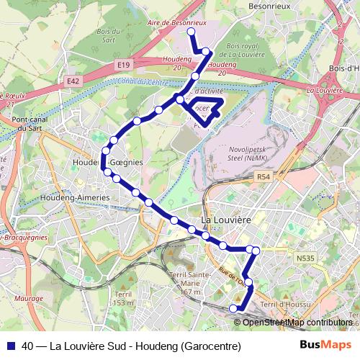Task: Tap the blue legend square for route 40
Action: click(10, 346)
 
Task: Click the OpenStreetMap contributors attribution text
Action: click(297, 323)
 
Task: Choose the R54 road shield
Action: click(264, 175)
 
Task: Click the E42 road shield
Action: click(73, 82)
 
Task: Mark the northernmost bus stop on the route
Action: click(191, 32)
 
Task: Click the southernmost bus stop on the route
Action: click(233, 308)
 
